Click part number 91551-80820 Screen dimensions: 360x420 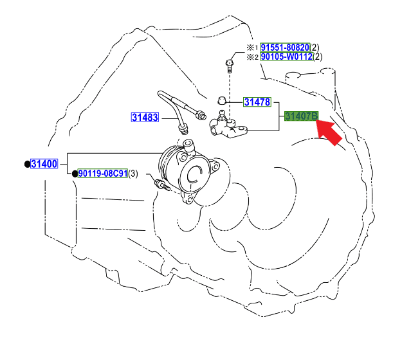click(284, 47)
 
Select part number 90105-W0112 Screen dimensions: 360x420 click(286, 57)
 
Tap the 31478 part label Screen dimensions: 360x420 click(257, 102)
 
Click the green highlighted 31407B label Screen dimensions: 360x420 click(301, 116)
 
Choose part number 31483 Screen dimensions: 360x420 click(145, 117)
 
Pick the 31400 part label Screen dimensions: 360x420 click(44, 164)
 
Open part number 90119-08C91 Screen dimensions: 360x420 click(102, 174)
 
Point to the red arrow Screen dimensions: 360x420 click(329, 132)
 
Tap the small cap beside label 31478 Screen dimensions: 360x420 click(221, 100)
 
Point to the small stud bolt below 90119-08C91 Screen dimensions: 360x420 click(160, 186)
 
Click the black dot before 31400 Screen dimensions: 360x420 click(27, 164)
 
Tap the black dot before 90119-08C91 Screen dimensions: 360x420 click(75, 174)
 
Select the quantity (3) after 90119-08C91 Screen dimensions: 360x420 click(133, 174)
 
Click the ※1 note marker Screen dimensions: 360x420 click(253, 48)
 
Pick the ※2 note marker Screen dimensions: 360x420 click(253, 57)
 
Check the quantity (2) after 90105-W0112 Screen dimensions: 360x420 click(317, 57)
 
